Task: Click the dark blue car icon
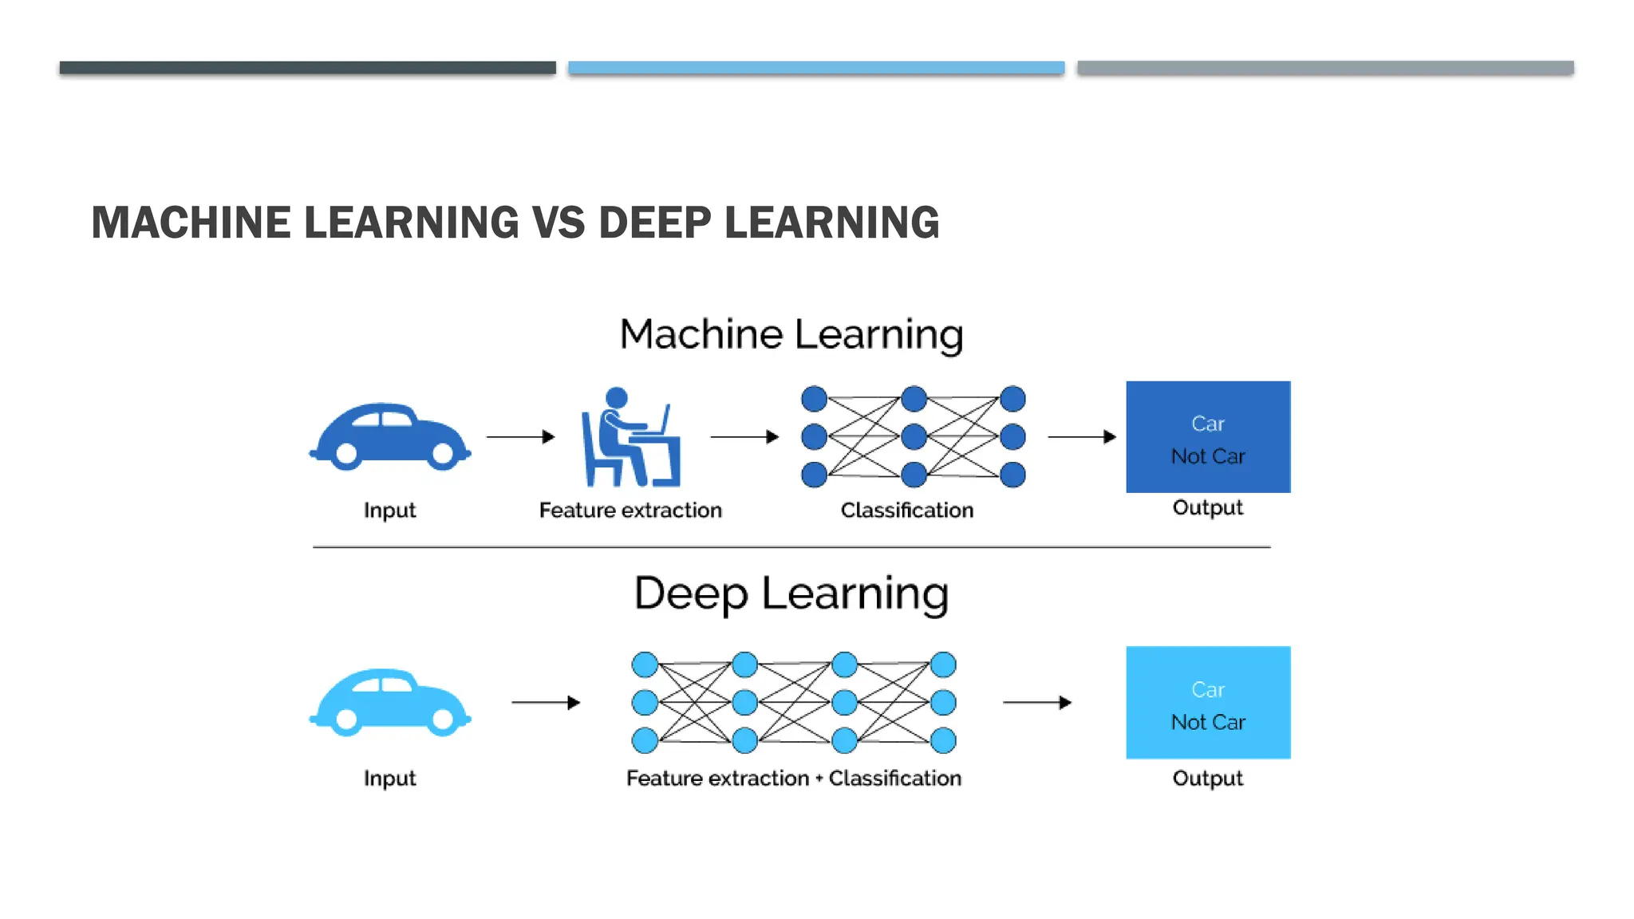coord(389,436)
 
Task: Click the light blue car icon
coord(389,702)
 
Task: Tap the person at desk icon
coord(630,437)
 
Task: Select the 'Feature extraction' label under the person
coord(630,510)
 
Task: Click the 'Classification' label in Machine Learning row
coord(907,510)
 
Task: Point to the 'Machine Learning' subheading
coord(791,333)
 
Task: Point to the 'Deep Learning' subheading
coord(791,593)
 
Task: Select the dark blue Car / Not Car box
coord(1208,437)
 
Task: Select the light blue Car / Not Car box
coord(1208,702)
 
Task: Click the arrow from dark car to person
coord(520,436)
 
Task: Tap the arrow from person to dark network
coord(744,436)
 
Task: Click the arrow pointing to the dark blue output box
coord(1081,436)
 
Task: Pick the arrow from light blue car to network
coord(546,702)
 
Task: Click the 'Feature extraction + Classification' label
coord(794,778)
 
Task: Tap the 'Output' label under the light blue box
coord(1207,778)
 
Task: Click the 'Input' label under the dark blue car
coord(389,510)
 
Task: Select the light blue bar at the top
coord(816,68)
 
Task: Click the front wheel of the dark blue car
coord(443,454)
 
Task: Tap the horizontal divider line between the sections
coord(791,547)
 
